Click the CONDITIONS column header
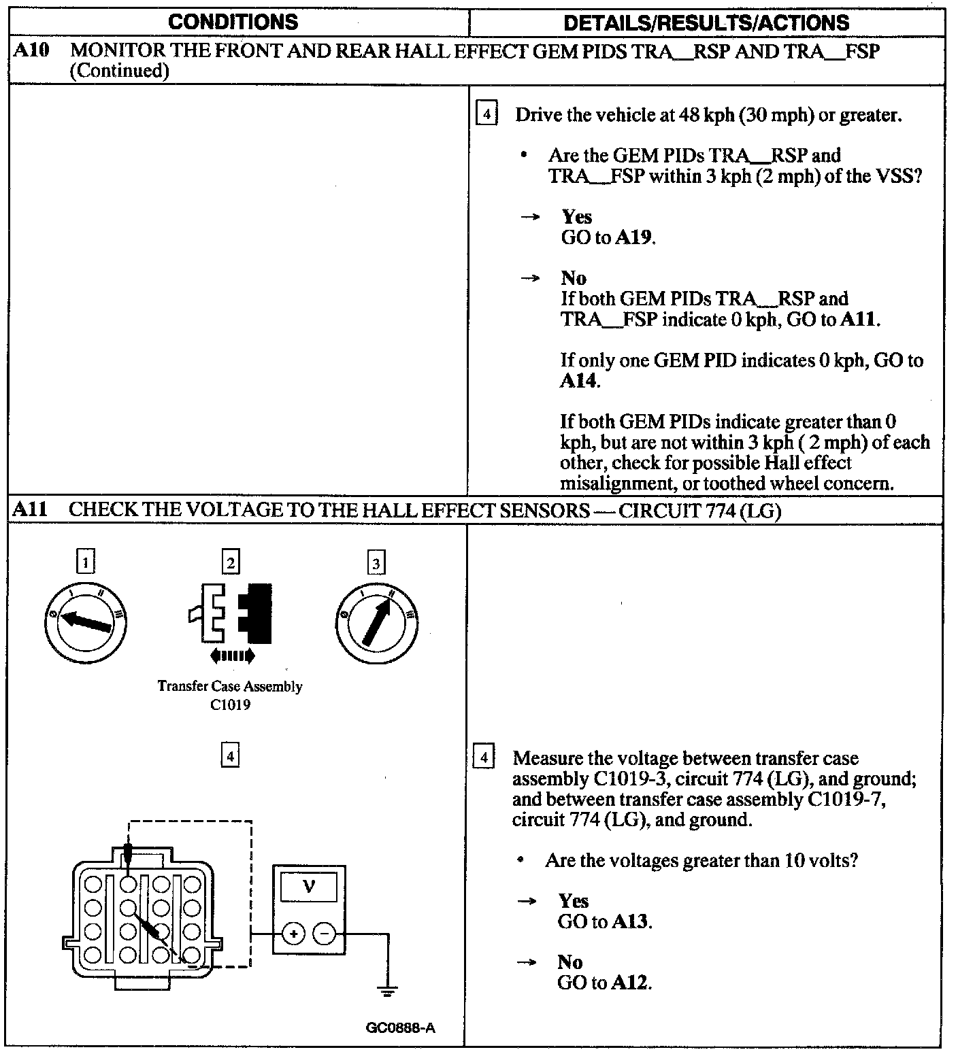233,22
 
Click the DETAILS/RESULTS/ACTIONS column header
706,22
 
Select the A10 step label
31,50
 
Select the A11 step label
31,509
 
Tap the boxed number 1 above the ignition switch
85,562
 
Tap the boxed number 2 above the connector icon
231,562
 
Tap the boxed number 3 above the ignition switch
376,562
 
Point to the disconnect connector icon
231,613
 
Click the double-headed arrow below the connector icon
232,656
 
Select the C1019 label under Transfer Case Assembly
230,704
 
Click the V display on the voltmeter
309,887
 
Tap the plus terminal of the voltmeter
293,934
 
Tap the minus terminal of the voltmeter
325,934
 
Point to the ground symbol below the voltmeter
388,992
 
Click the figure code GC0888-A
400,1027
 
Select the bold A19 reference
634,238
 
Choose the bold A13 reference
631,922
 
